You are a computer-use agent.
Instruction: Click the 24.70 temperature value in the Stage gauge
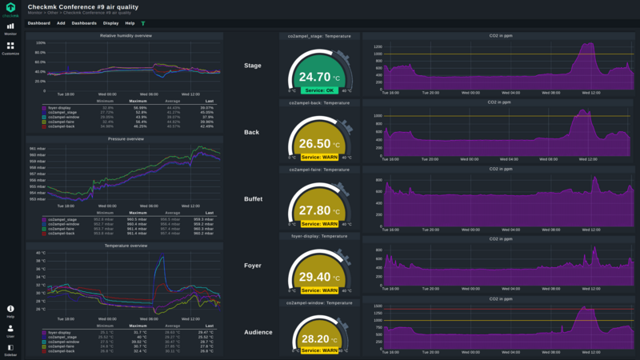click(314, 78)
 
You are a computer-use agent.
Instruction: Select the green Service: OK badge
click(319, 90)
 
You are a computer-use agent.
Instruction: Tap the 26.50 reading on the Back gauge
click(314, 145)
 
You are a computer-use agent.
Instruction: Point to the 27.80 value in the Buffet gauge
click(314, 211)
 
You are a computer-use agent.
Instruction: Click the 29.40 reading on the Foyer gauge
click(314, 278)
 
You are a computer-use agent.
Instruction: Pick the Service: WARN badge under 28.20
click(319, 350)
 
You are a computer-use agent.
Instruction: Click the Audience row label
click(258, 332)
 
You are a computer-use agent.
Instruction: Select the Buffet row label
click(253, 198)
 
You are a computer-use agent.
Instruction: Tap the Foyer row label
click(252, 265)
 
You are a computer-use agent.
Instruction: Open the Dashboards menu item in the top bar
click(84, 23)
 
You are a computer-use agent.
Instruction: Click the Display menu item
click(110, 23)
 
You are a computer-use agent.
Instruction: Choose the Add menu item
click(61, 23)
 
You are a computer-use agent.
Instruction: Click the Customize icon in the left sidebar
click(10, 48)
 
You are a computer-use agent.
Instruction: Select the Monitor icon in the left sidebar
click(10, 29)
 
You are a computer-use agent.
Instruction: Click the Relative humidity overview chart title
click(126, 36)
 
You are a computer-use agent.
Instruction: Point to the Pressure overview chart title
click(126, 139)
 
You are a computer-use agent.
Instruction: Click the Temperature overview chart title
click(126, 246)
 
